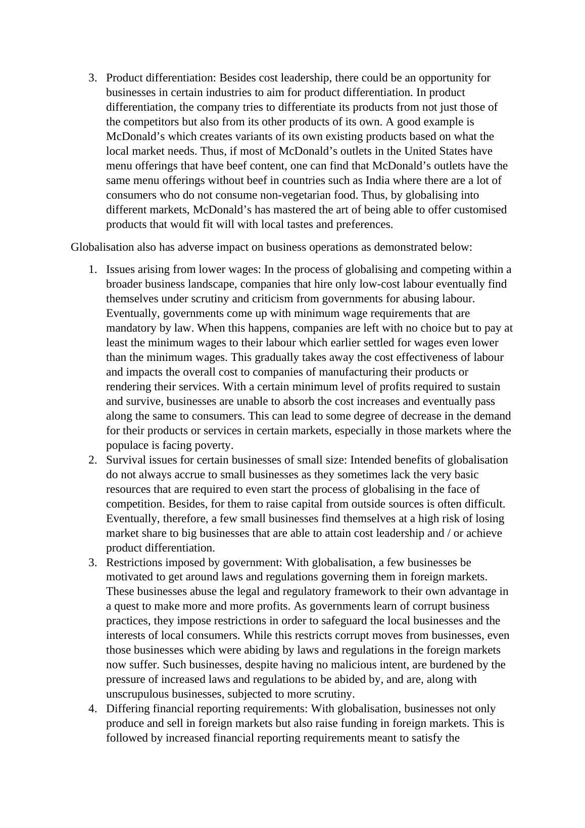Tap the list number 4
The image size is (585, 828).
[92, 709]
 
